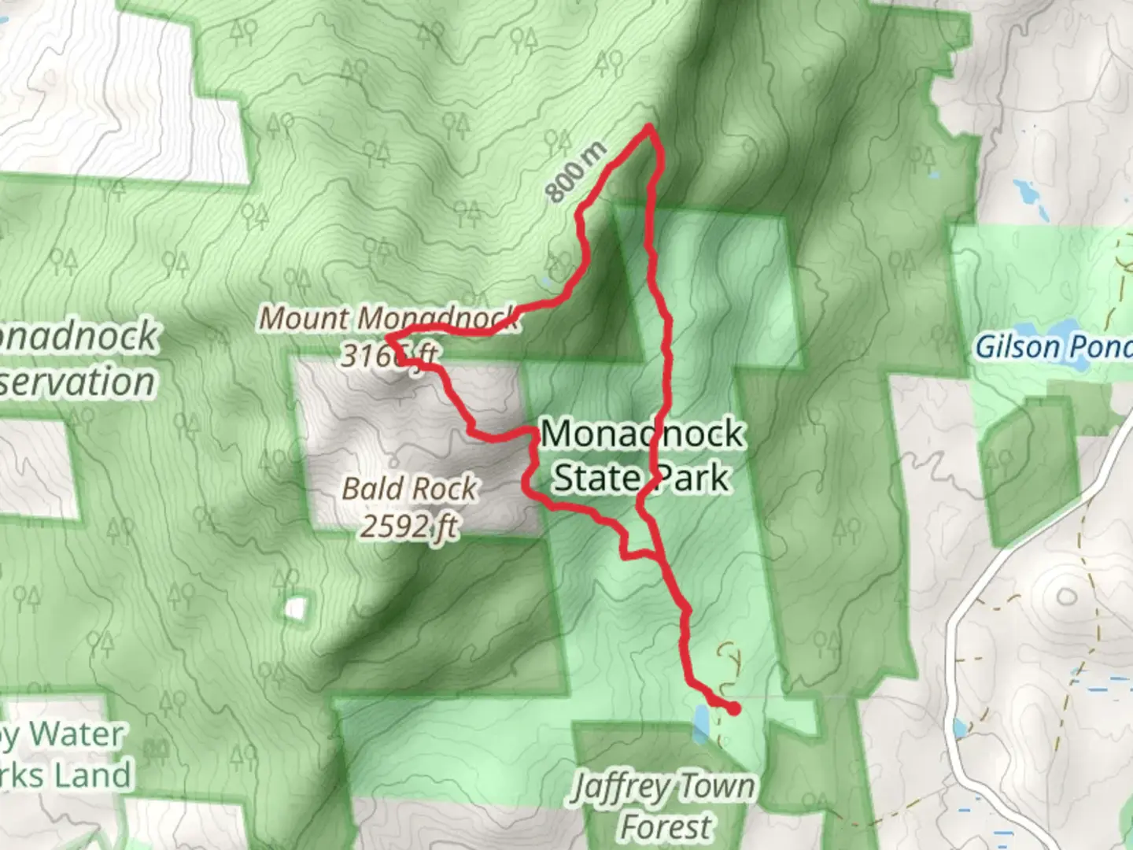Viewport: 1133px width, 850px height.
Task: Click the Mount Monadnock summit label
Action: coord(389,318)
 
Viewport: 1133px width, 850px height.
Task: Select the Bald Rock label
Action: coord(409,489)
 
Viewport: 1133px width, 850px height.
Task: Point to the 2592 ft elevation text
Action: coord(409,525)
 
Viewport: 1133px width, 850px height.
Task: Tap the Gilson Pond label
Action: coord(1053,346)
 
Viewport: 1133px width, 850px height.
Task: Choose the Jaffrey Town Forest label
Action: coord(663,805)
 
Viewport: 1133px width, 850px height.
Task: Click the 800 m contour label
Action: coord(577,172)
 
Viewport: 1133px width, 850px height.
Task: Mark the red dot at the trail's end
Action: coord(734,709)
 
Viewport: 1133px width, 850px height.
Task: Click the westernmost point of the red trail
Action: coord(388,339)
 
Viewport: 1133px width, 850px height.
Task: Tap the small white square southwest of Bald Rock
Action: coord(296,608)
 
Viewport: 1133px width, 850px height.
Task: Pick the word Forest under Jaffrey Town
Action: coord(666,827)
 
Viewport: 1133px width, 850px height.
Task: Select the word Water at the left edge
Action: coord(79,735)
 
